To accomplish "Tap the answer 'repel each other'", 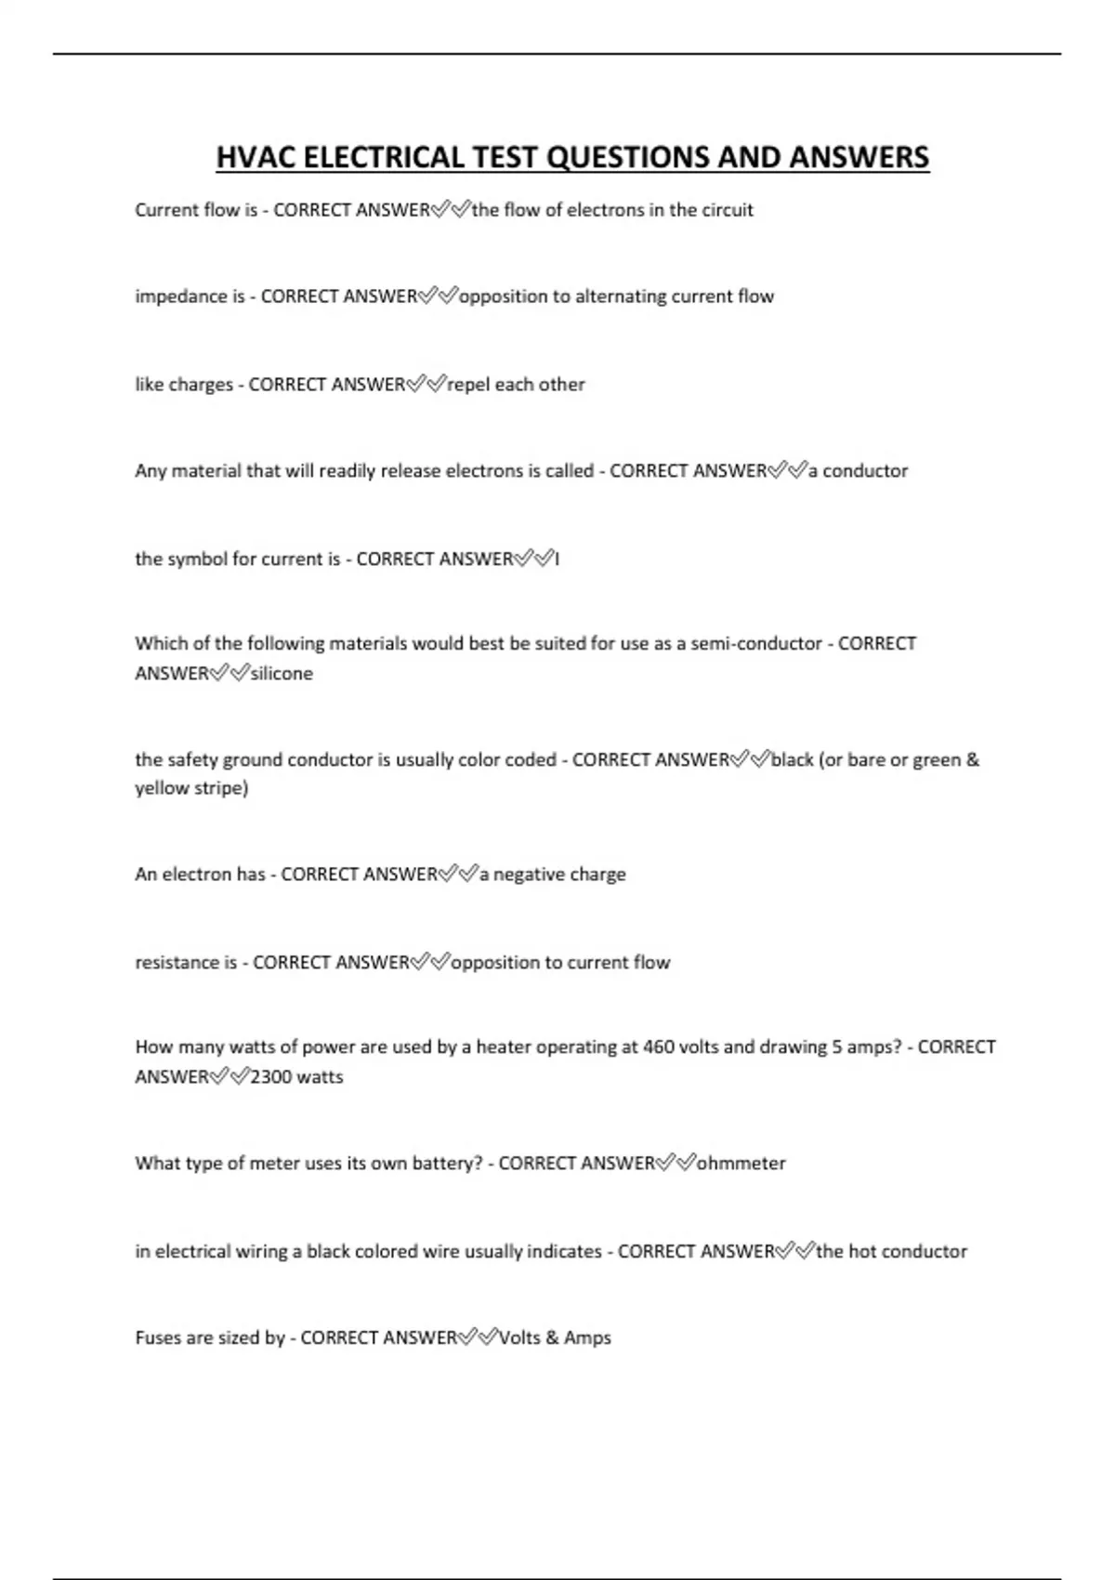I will point(516,385).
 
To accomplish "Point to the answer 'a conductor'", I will point(858,471).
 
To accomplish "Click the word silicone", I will point(282,674).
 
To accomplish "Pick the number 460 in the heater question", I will point(658,1047).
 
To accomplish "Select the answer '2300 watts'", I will point(296,1077).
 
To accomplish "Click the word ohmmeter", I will point(741,1164).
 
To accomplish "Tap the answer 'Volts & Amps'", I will point(555,1338).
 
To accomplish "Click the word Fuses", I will point(158,1338).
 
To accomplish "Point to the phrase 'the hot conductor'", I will point(891,1252).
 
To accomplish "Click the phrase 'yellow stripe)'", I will point(191,789).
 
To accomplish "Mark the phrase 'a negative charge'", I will point(552,875).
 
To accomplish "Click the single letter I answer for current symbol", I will point(557,560).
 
